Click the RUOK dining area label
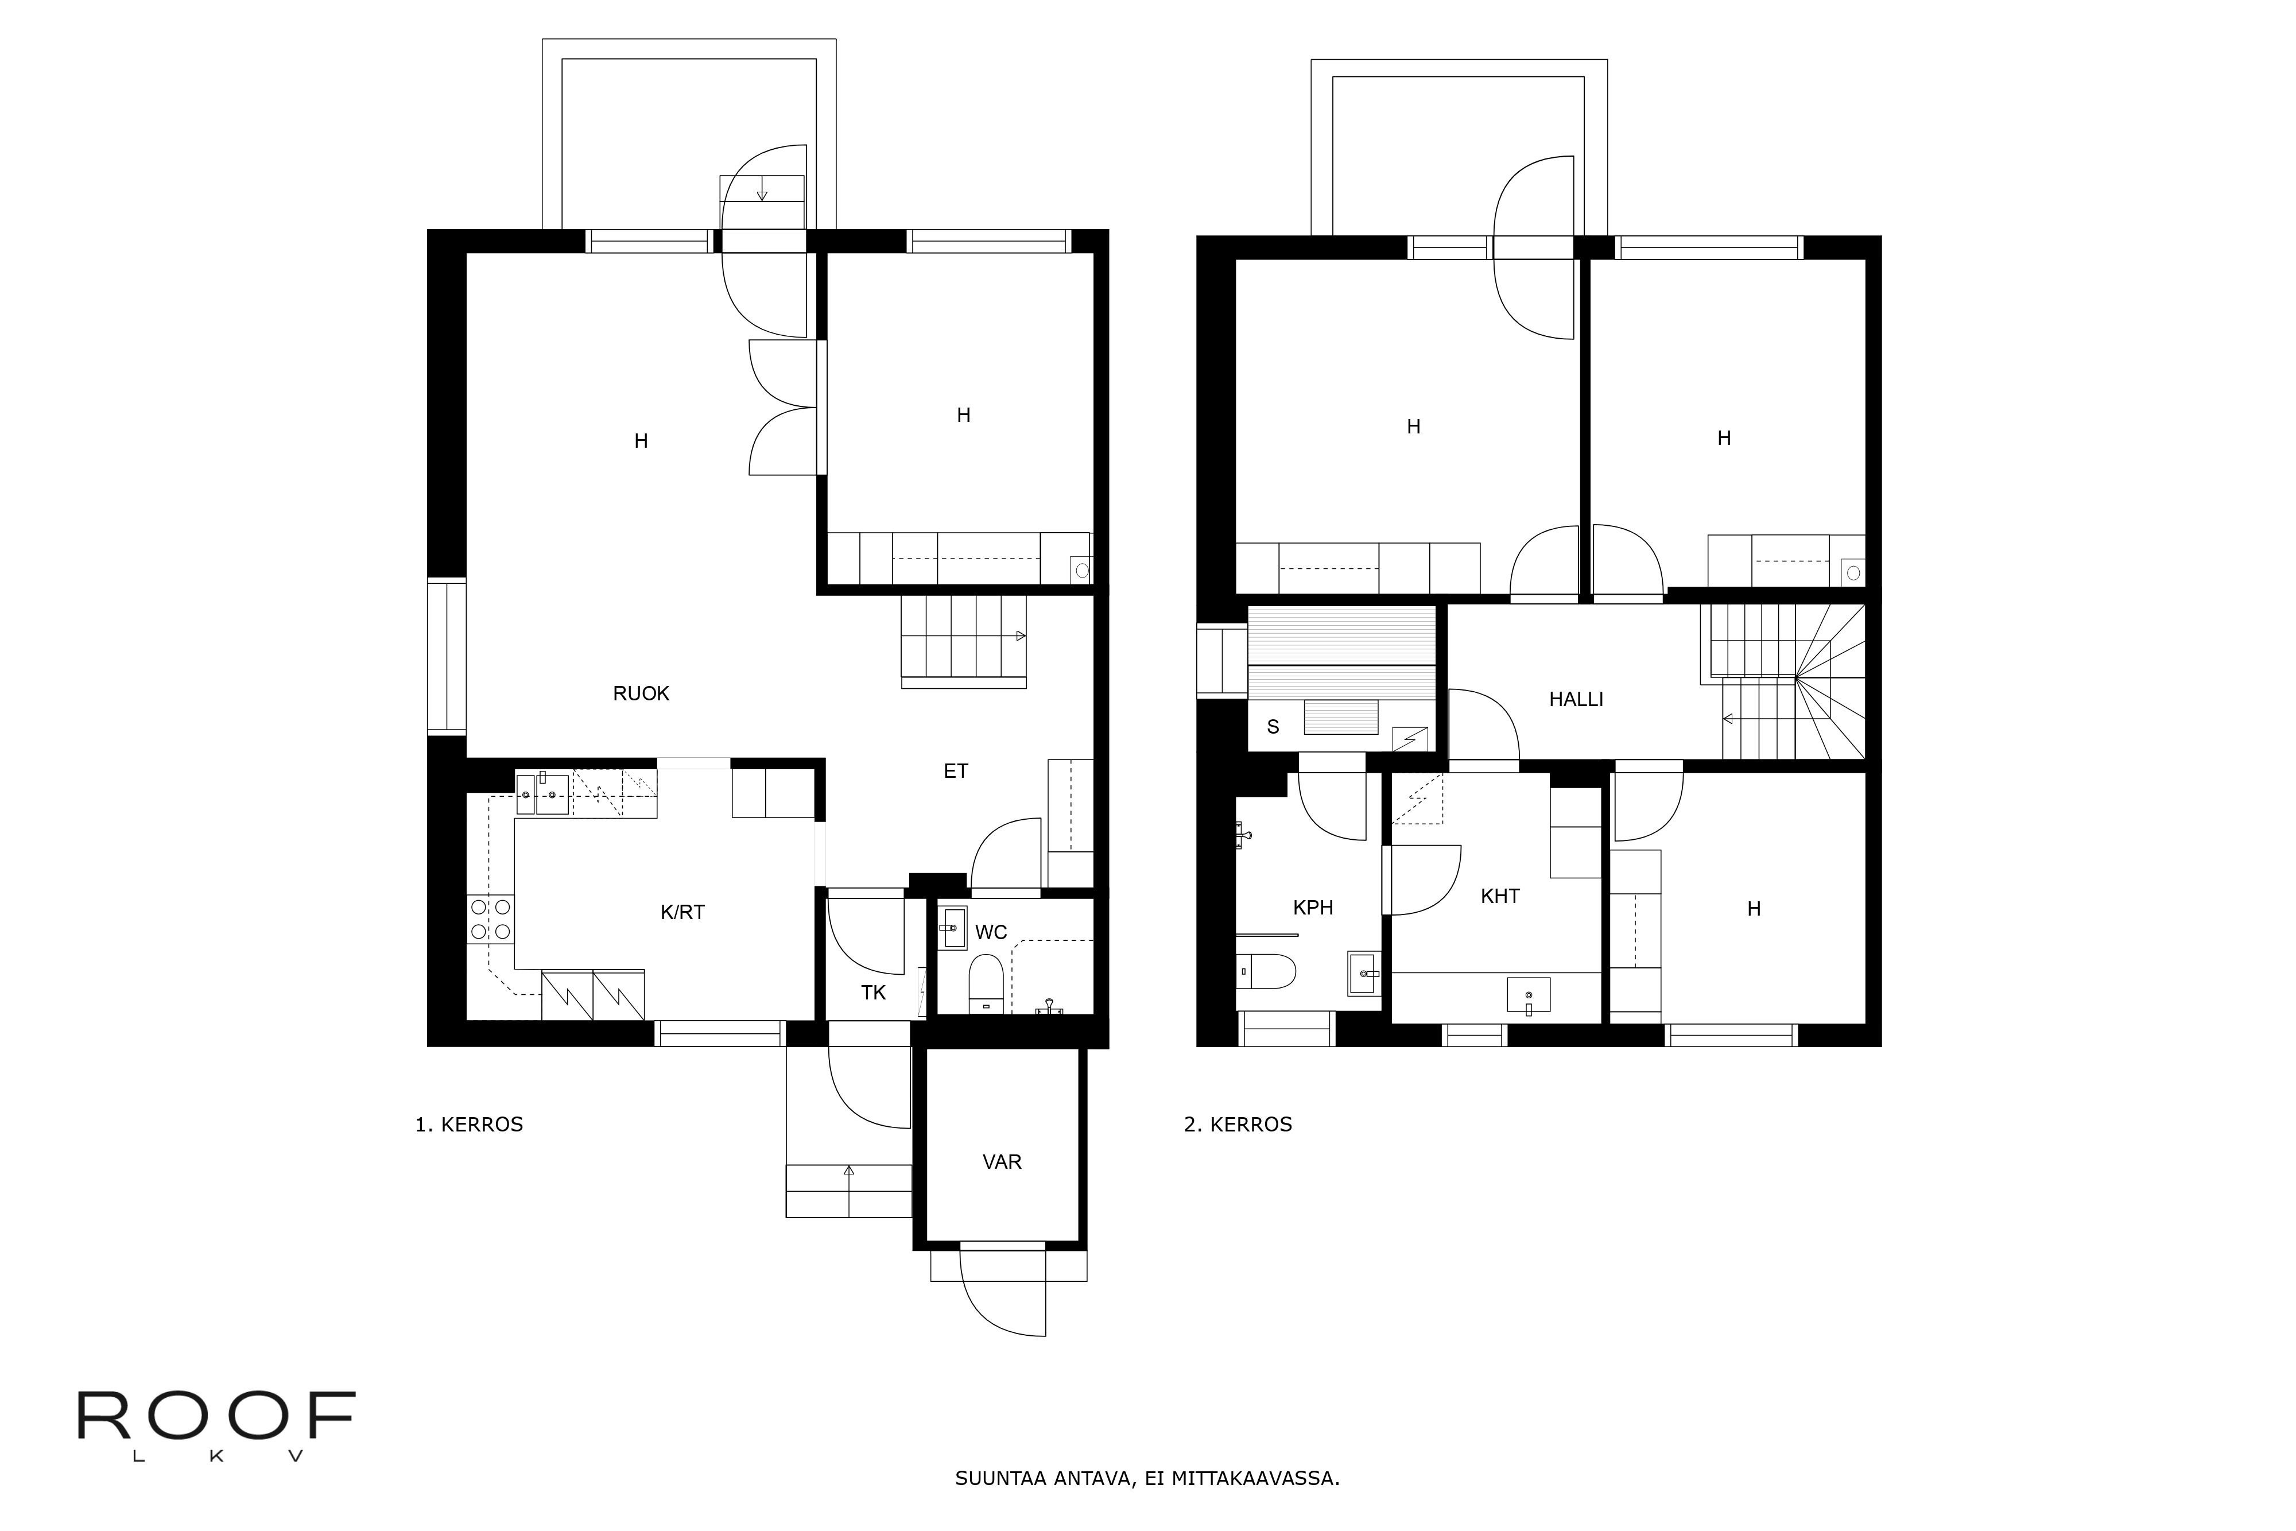click(641, 694)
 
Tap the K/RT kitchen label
click(682, 913)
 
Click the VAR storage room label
click(1002, 1162)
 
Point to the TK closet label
click(872, 993)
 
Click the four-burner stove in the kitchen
click(491, 920)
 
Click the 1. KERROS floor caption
click(468, 1125)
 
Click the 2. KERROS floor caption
click(1238, 1125)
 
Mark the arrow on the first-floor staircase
click(1019, 635)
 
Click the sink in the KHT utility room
click(1528, 995)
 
